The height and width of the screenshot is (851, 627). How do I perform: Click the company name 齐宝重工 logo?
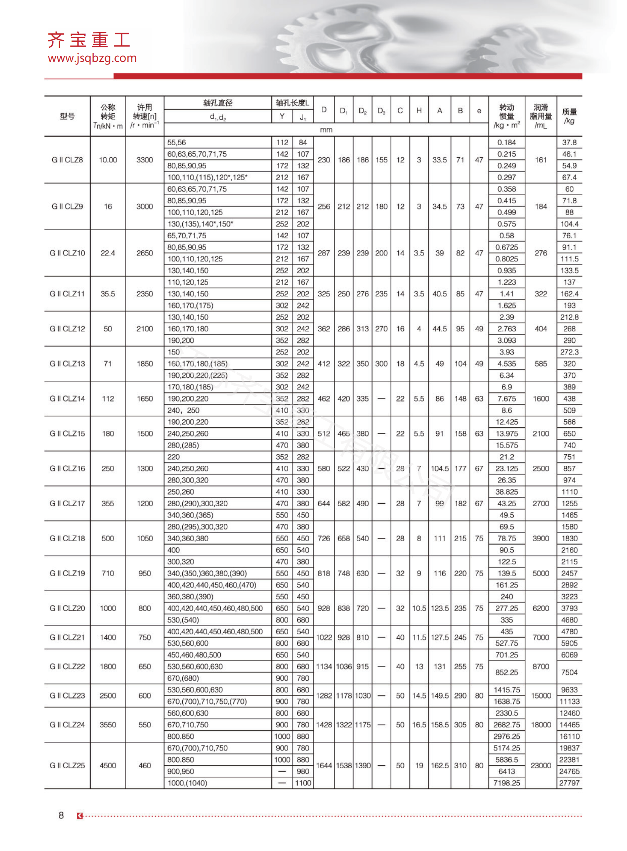[89, 40]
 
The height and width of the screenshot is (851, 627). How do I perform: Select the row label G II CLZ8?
[67, 160]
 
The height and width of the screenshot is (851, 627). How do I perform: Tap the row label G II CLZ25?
[67, 765]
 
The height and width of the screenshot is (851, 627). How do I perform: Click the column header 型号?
[67, 116]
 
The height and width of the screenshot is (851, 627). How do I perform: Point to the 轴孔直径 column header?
[218, 103]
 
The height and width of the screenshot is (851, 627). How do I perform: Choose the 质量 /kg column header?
[569, 116]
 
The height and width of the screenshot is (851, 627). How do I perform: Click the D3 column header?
[381, 111]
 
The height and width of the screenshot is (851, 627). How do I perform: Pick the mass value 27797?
[569, 783]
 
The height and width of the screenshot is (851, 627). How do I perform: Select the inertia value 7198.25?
[506, 783]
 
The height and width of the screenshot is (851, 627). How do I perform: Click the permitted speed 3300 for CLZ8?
[144, 160]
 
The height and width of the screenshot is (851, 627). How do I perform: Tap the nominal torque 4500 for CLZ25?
[108, 765]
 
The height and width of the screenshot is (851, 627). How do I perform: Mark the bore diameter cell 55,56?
[177, 143]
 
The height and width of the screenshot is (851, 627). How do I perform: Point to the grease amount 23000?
[541, 765]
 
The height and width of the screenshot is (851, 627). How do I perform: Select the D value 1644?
[324, 765]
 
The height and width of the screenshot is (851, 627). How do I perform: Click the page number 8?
[61, 815]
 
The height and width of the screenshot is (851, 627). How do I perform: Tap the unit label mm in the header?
[326, 130]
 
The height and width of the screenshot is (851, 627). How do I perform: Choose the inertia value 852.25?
[506, 672]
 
